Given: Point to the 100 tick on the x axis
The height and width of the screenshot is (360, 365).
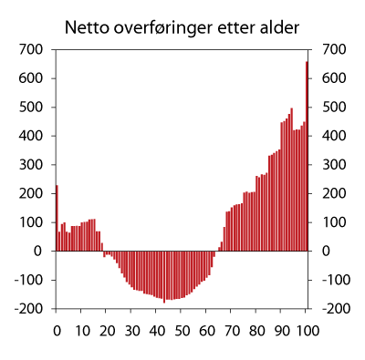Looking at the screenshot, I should [307, 330].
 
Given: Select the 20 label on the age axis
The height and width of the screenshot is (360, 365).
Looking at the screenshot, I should [106, 330].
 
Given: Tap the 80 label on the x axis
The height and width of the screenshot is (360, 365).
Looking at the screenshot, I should [256, 330].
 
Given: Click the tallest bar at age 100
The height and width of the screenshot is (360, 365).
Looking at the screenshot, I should [307, 155].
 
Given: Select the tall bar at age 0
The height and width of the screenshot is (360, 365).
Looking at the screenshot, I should [57, 218].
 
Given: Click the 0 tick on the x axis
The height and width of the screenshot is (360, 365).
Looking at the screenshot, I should [57, 330].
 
